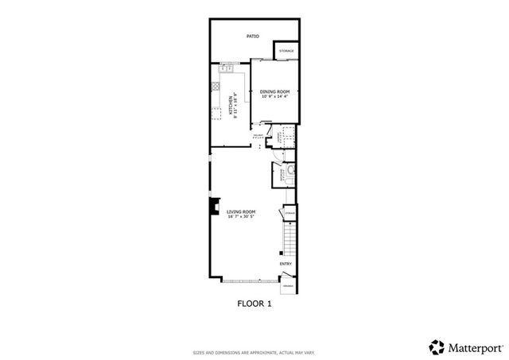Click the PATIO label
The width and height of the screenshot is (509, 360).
click(x=253, y=36)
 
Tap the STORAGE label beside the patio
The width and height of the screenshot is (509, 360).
click(x=286, y=51)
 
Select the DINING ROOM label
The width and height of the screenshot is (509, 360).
click(x=274, y=91)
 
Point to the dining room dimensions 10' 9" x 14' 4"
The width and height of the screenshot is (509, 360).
click(x=274, y=97)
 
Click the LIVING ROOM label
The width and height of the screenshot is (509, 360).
click(x=241, y=211)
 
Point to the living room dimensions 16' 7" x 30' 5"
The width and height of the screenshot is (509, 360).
click(x=241, y=216)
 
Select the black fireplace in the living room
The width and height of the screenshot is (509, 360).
click(x=212, y=207)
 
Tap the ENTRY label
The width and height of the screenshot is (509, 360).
click(x=286, y=264)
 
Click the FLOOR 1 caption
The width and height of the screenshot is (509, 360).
click(x=254, y=303)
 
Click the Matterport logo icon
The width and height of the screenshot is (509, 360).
click(x=437, y=346)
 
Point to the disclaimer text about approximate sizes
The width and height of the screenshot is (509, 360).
click(x=254, y=351)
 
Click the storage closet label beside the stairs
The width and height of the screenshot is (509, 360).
click(x=290, y=212)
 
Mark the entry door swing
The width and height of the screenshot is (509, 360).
click(x=287, y=277)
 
